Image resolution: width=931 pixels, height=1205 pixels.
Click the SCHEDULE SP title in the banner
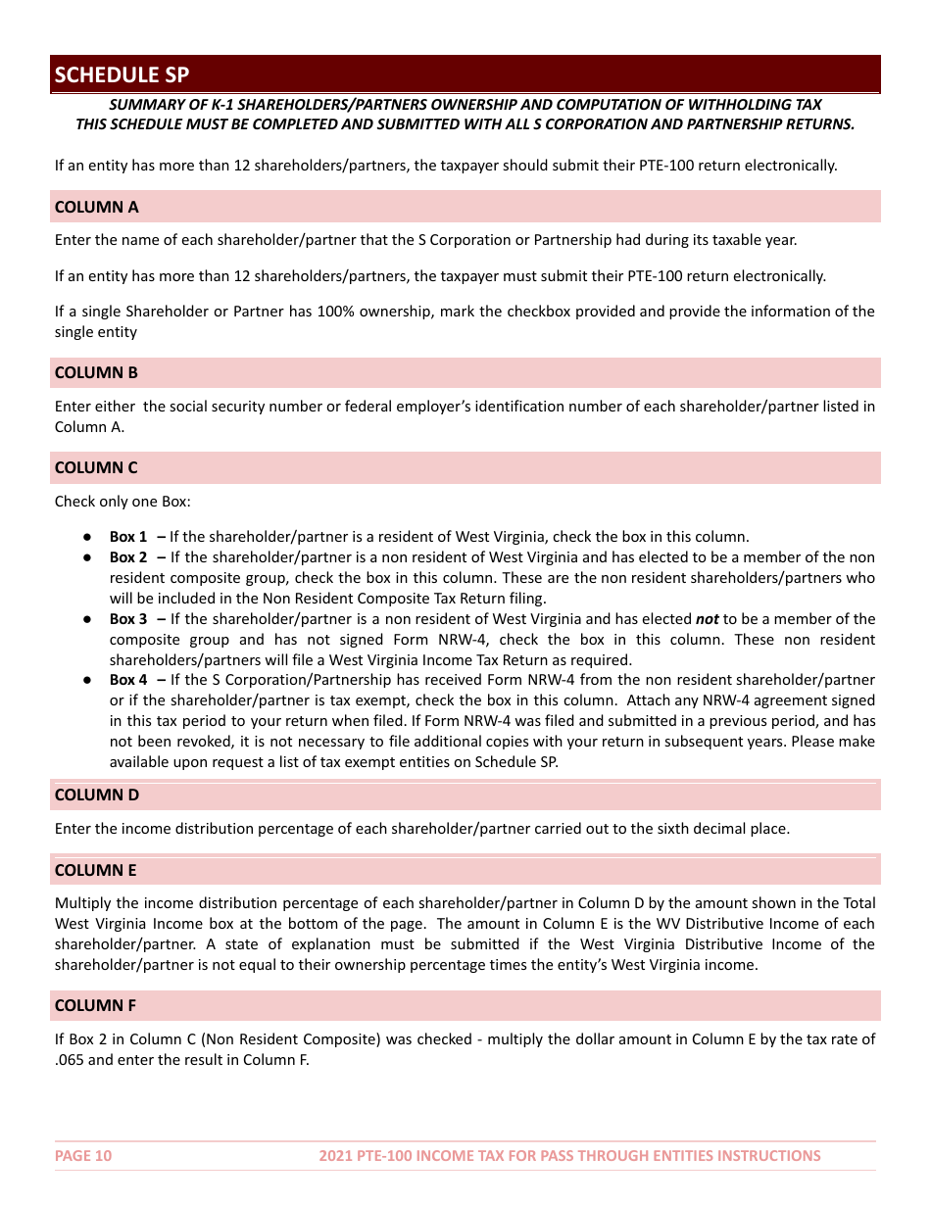[122, 75]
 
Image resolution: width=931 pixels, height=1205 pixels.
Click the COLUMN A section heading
[96, 207]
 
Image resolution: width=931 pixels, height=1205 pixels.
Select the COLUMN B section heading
[96, 372]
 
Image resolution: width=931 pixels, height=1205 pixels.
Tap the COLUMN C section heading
[96, 467]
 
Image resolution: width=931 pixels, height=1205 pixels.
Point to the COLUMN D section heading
[97, 795]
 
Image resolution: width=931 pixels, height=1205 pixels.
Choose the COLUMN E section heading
[95, 870]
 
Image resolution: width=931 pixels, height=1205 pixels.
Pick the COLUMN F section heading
[95, 1005]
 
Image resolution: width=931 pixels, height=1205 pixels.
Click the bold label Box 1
[128, 537]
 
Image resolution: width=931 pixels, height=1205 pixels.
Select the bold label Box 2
[128, 557]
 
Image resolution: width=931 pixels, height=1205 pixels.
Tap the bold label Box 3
[128, 619]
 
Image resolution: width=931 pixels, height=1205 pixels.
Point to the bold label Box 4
[128, 680]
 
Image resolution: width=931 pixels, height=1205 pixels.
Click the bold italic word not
[707, 619]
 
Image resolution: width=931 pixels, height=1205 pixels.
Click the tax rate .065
[70, 1060]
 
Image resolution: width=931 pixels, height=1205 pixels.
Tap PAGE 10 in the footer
[83, 1156]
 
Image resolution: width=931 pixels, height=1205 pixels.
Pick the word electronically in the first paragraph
[790, 166]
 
